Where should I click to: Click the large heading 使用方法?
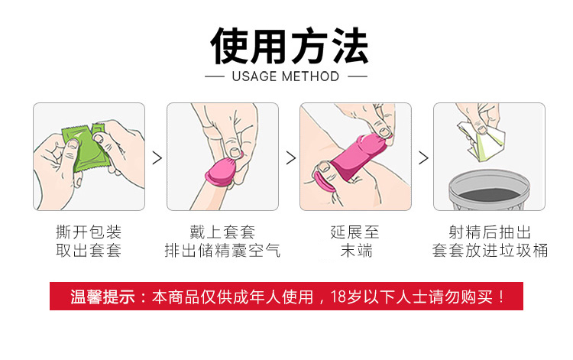289,46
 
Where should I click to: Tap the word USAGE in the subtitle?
254,76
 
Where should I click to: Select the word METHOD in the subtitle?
311,76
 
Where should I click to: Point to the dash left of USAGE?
215,76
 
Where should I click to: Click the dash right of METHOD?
357,76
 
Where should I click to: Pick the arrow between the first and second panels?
157,158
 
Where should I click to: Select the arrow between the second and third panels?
291,158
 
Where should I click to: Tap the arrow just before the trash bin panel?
423,158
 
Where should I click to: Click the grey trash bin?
489,190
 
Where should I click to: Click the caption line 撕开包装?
89,232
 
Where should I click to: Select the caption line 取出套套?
89,251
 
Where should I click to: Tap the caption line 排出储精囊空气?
222,251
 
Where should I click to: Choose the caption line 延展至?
355,232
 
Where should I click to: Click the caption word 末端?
356,251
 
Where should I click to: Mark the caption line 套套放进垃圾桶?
490,251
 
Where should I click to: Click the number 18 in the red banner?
338,297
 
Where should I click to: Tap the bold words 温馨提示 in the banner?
102,297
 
